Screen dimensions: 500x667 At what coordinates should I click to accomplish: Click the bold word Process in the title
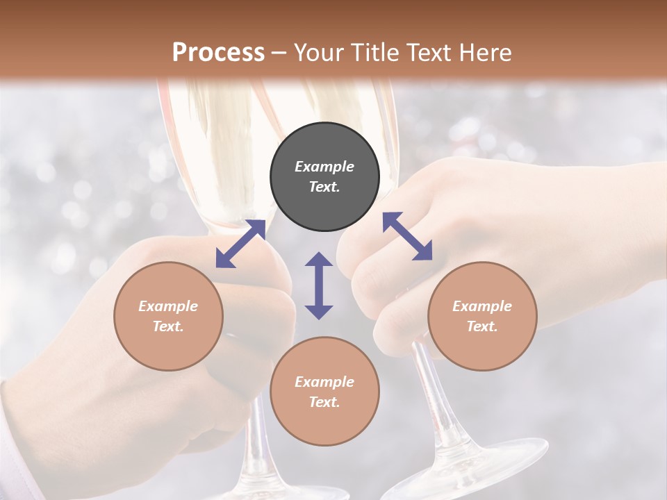pyautogui.click(x=218, y=53)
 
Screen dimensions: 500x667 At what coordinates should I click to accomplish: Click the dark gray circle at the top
pyautogui.click(x=324, y=177)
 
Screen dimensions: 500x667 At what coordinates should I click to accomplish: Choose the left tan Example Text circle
pyautogui.click(x=168, y=316)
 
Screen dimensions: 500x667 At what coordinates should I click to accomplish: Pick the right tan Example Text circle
pyautogui.click(x=482, y=316)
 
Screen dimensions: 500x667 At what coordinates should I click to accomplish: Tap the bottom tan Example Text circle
pyautogui.click(x=324, y=392)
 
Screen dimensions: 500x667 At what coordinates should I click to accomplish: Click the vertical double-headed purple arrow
pyautogui.click(x=319, y=285)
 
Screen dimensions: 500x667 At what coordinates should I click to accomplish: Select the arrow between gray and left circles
pyautogui.click(x=240, y=244)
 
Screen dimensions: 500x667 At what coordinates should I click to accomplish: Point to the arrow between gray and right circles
pyautogui.click(x=407, y=237)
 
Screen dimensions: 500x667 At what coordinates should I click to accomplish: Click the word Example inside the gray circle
pyautogui.click(x=324, y=167)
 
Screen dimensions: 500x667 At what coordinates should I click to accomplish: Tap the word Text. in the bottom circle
pyautogui.click(x=324, y=402)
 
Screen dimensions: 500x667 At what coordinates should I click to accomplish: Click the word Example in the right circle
pyautogui.click(x=482, y=306)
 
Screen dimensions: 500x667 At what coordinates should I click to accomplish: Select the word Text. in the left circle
pyautogui.click(x=168, y=326)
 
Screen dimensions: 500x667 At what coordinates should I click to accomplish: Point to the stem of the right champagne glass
pyautogui.click(x=434, y=403)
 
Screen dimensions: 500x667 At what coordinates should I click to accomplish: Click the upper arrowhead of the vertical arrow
pyautogui.click(x=319, y=261)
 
